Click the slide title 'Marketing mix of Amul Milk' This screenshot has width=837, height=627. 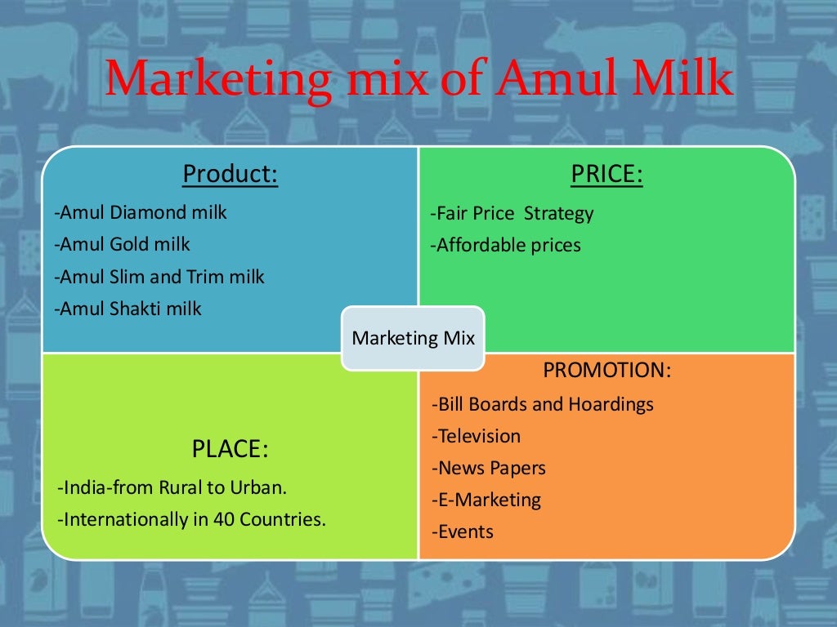pos(418,82)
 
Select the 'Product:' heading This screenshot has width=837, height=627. pos(230,174)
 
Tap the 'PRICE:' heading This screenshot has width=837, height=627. pos(606,174)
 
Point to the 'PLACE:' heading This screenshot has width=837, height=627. pos(230,449)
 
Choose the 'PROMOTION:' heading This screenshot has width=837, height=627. pos(606,370)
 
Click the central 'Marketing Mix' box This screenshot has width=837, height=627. pos(413,338)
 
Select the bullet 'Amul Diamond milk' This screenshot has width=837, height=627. pos(141,212)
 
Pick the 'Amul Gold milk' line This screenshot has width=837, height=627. pos(122,244)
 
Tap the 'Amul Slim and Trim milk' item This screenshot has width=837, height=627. pos(159,277)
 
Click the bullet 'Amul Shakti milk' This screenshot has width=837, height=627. pos(128,309)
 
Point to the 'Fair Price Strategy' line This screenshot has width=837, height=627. pos(512,214)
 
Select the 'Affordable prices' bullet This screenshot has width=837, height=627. pos(506,245)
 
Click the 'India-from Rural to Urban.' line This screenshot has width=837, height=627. pos(172,488)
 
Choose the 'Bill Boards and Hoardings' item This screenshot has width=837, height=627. pos(543,404)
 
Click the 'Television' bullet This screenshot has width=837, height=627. pos(476,436)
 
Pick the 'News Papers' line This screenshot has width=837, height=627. pos(489,468)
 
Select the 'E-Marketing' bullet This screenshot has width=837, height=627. pos(486,500)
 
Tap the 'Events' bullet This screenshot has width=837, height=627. pos(463,532)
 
